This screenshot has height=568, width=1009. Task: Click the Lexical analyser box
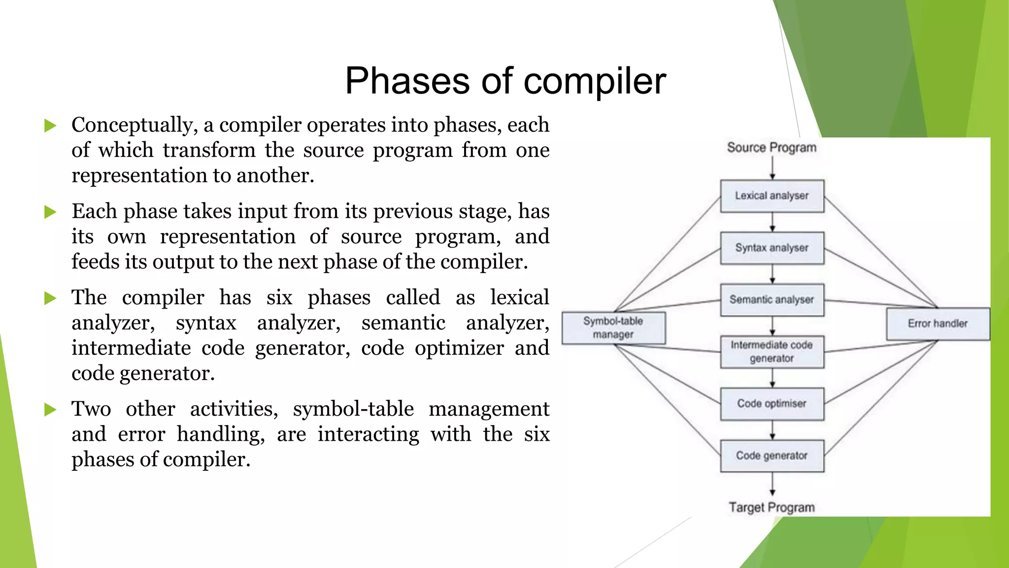tap(772, 196)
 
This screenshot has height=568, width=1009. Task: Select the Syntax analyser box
tap(772, 248)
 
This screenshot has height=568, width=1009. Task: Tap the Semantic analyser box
tap(772, 300)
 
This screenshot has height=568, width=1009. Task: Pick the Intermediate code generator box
tap(772, 352)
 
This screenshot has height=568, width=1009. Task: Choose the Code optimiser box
tap(772, 404)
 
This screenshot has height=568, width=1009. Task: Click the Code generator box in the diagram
tap(772, 456)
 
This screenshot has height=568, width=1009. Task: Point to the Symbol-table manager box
tap(613, 328)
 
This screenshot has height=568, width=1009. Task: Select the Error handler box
tap(938, 324)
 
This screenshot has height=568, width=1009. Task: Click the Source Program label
tap(772, 147)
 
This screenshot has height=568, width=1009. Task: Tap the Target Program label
tap(772, 507)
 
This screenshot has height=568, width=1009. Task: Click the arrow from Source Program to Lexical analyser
tap(773, 168)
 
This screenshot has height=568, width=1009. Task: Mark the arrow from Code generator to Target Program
tap(773, 484)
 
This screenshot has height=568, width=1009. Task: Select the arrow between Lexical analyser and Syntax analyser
tap(773, 222)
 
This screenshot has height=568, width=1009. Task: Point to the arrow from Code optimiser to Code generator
tap(773, 430)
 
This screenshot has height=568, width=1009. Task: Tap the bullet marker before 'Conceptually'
tap(50, 126)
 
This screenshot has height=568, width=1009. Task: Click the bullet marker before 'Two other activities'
tap(50, 410)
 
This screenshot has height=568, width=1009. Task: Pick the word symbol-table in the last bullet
tap(353, 409)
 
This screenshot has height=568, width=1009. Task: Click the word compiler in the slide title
tap(595, 81)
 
